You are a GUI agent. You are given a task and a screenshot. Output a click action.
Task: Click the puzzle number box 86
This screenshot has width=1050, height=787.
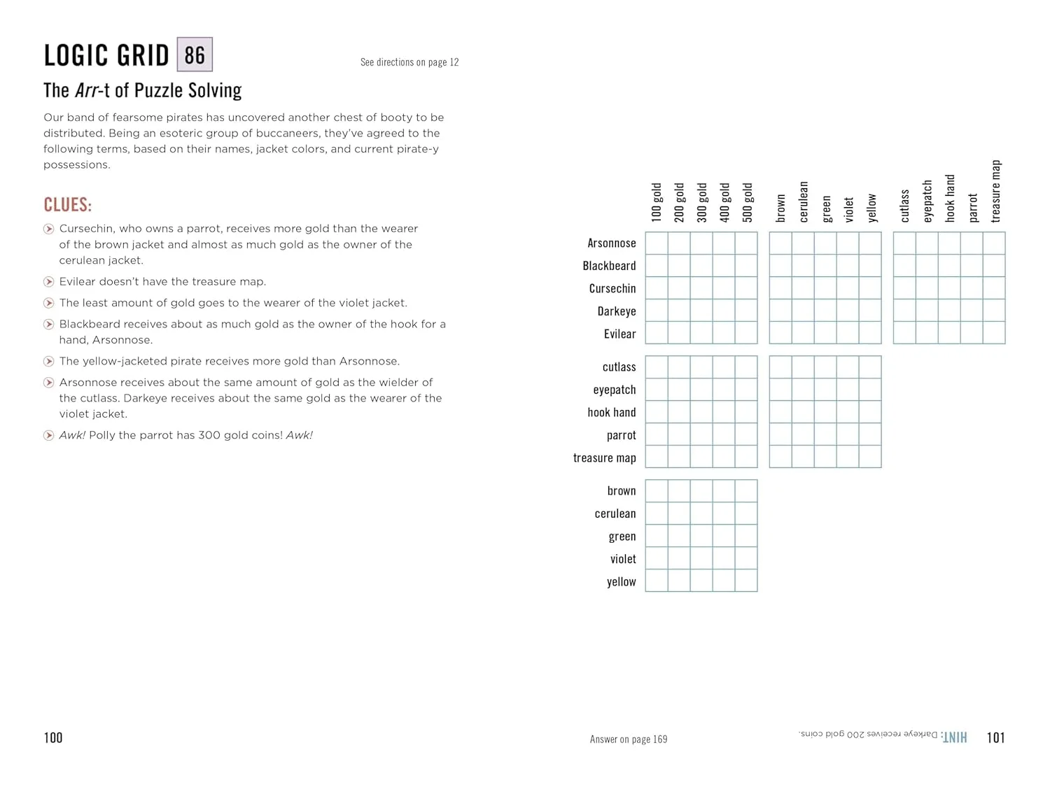click(195, 55)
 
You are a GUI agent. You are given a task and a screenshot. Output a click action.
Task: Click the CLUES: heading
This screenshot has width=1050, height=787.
click(68, 205)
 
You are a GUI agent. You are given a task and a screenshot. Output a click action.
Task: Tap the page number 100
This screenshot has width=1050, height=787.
click(53, 737)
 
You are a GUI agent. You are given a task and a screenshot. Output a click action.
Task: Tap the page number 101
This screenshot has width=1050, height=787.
click(995, 737)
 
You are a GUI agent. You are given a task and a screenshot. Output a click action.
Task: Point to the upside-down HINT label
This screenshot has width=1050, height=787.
click(954, 736)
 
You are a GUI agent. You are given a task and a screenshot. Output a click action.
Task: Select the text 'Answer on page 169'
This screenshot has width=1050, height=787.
click(628, 739)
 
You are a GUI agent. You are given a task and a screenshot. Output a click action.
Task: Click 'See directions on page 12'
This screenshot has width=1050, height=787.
click(409, 62)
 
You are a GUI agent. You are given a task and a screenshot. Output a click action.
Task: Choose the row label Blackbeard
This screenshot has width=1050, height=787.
click(609, 266)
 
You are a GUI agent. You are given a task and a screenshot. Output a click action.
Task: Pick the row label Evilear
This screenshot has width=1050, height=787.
click(619, 334)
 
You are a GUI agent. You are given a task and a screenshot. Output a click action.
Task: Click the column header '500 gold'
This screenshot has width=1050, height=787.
click(747, 203)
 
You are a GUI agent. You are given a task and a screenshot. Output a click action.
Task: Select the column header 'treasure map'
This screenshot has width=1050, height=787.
click(995, 192)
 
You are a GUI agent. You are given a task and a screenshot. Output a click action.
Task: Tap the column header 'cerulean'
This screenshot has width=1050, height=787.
click(803, 202)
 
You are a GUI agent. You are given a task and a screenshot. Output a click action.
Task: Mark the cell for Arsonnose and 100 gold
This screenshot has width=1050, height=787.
click(657, 243)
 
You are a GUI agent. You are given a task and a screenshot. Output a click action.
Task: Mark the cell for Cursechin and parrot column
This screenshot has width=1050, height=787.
click(972, 288)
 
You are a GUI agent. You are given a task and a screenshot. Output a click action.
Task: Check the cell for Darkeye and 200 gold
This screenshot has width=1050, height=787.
click(679, 311)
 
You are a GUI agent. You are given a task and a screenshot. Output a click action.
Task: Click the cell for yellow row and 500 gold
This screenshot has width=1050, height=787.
click(746, 581)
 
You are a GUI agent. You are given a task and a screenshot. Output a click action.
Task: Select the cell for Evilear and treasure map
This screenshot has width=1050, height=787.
click(994, 333)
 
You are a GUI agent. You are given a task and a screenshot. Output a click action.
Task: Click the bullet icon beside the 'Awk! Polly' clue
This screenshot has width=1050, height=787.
click(49, 435)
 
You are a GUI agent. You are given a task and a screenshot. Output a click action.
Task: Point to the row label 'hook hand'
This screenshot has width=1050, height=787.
click(611, 413)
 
